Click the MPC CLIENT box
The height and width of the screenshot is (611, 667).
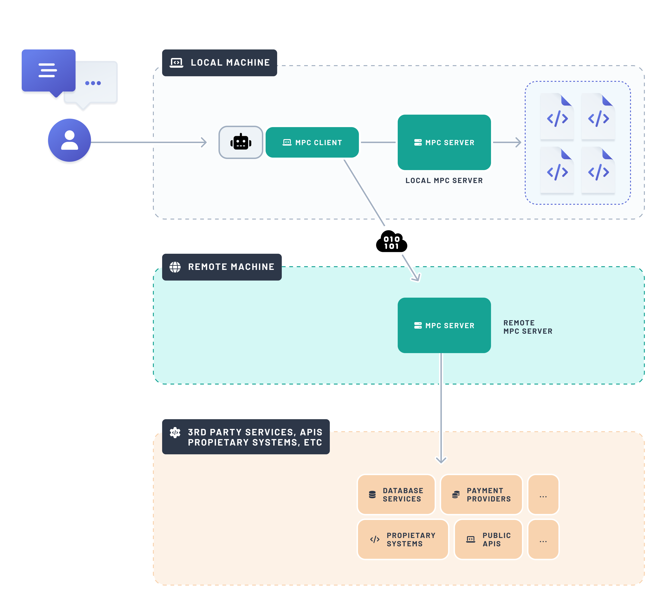[312, 142]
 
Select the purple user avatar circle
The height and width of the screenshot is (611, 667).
[70, 140]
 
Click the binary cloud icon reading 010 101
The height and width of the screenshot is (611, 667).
[391, 242]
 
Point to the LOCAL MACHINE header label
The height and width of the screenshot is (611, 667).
[220, 63]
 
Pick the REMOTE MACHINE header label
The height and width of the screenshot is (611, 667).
[222, 267]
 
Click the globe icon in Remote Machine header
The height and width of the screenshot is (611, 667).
[175, 267]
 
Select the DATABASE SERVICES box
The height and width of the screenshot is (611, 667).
[396, 495]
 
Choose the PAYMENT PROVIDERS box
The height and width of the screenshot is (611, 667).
[481, 495]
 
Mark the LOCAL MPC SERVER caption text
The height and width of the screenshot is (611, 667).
[444, 180]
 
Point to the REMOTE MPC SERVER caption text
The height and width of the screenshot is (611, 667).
[528, 327]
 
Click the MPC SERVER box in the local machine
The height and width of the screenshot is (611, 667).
[444, 142]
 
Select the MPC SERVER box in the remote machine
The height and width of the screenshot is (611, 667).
[444, 325]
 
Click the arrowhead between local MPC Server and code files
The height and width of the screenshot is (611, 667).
[518, 142]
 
